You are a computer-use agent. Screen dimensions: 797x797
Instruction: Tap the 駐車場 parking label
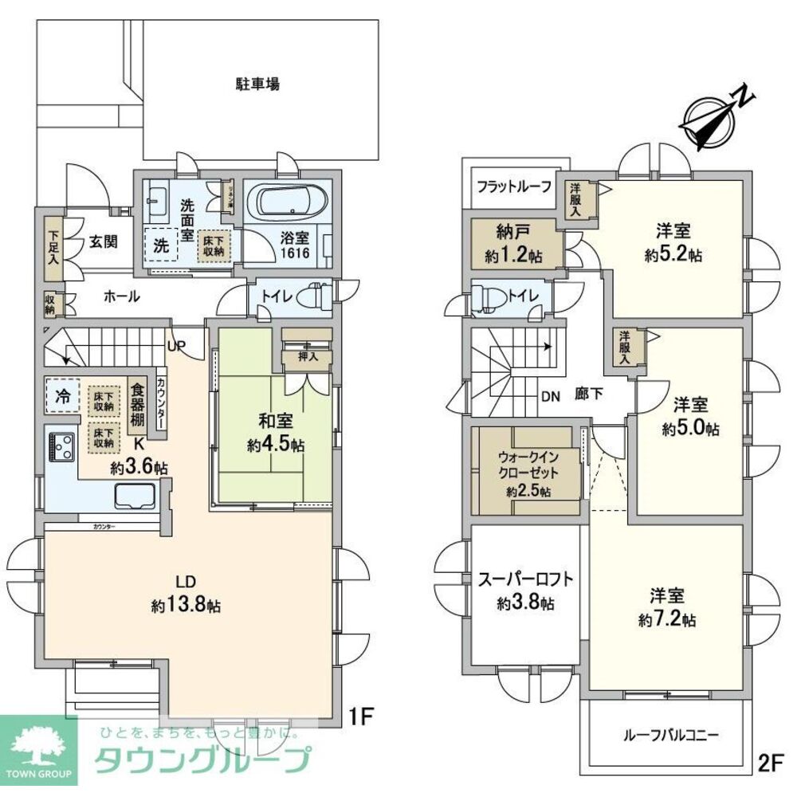[x=257, y=84]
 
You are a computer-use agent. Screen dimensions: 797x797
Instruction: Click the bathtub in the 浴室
[x=287, y=202]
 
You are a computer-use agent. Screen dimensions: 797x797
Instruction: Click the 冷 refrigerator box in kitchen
[x=61, y=395]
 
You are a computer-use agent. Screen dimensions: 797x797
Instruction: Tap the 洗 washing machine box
[x=161, y=246]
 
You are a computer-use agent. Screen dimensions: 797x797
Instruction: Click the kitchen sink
[x=137, y=497]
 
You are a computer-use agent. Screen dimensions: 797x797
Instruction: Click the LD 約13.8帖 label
[x=186, y=593]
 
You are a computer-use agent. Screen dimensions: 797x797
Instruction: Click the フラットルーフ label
[x=514, y=187]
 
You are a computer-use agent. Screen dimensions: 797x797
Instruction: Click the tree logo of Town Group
[x=37, y=748]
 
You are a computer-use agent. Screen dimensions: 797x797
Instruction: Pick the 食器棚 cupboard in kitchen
[x=138, y=404]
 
